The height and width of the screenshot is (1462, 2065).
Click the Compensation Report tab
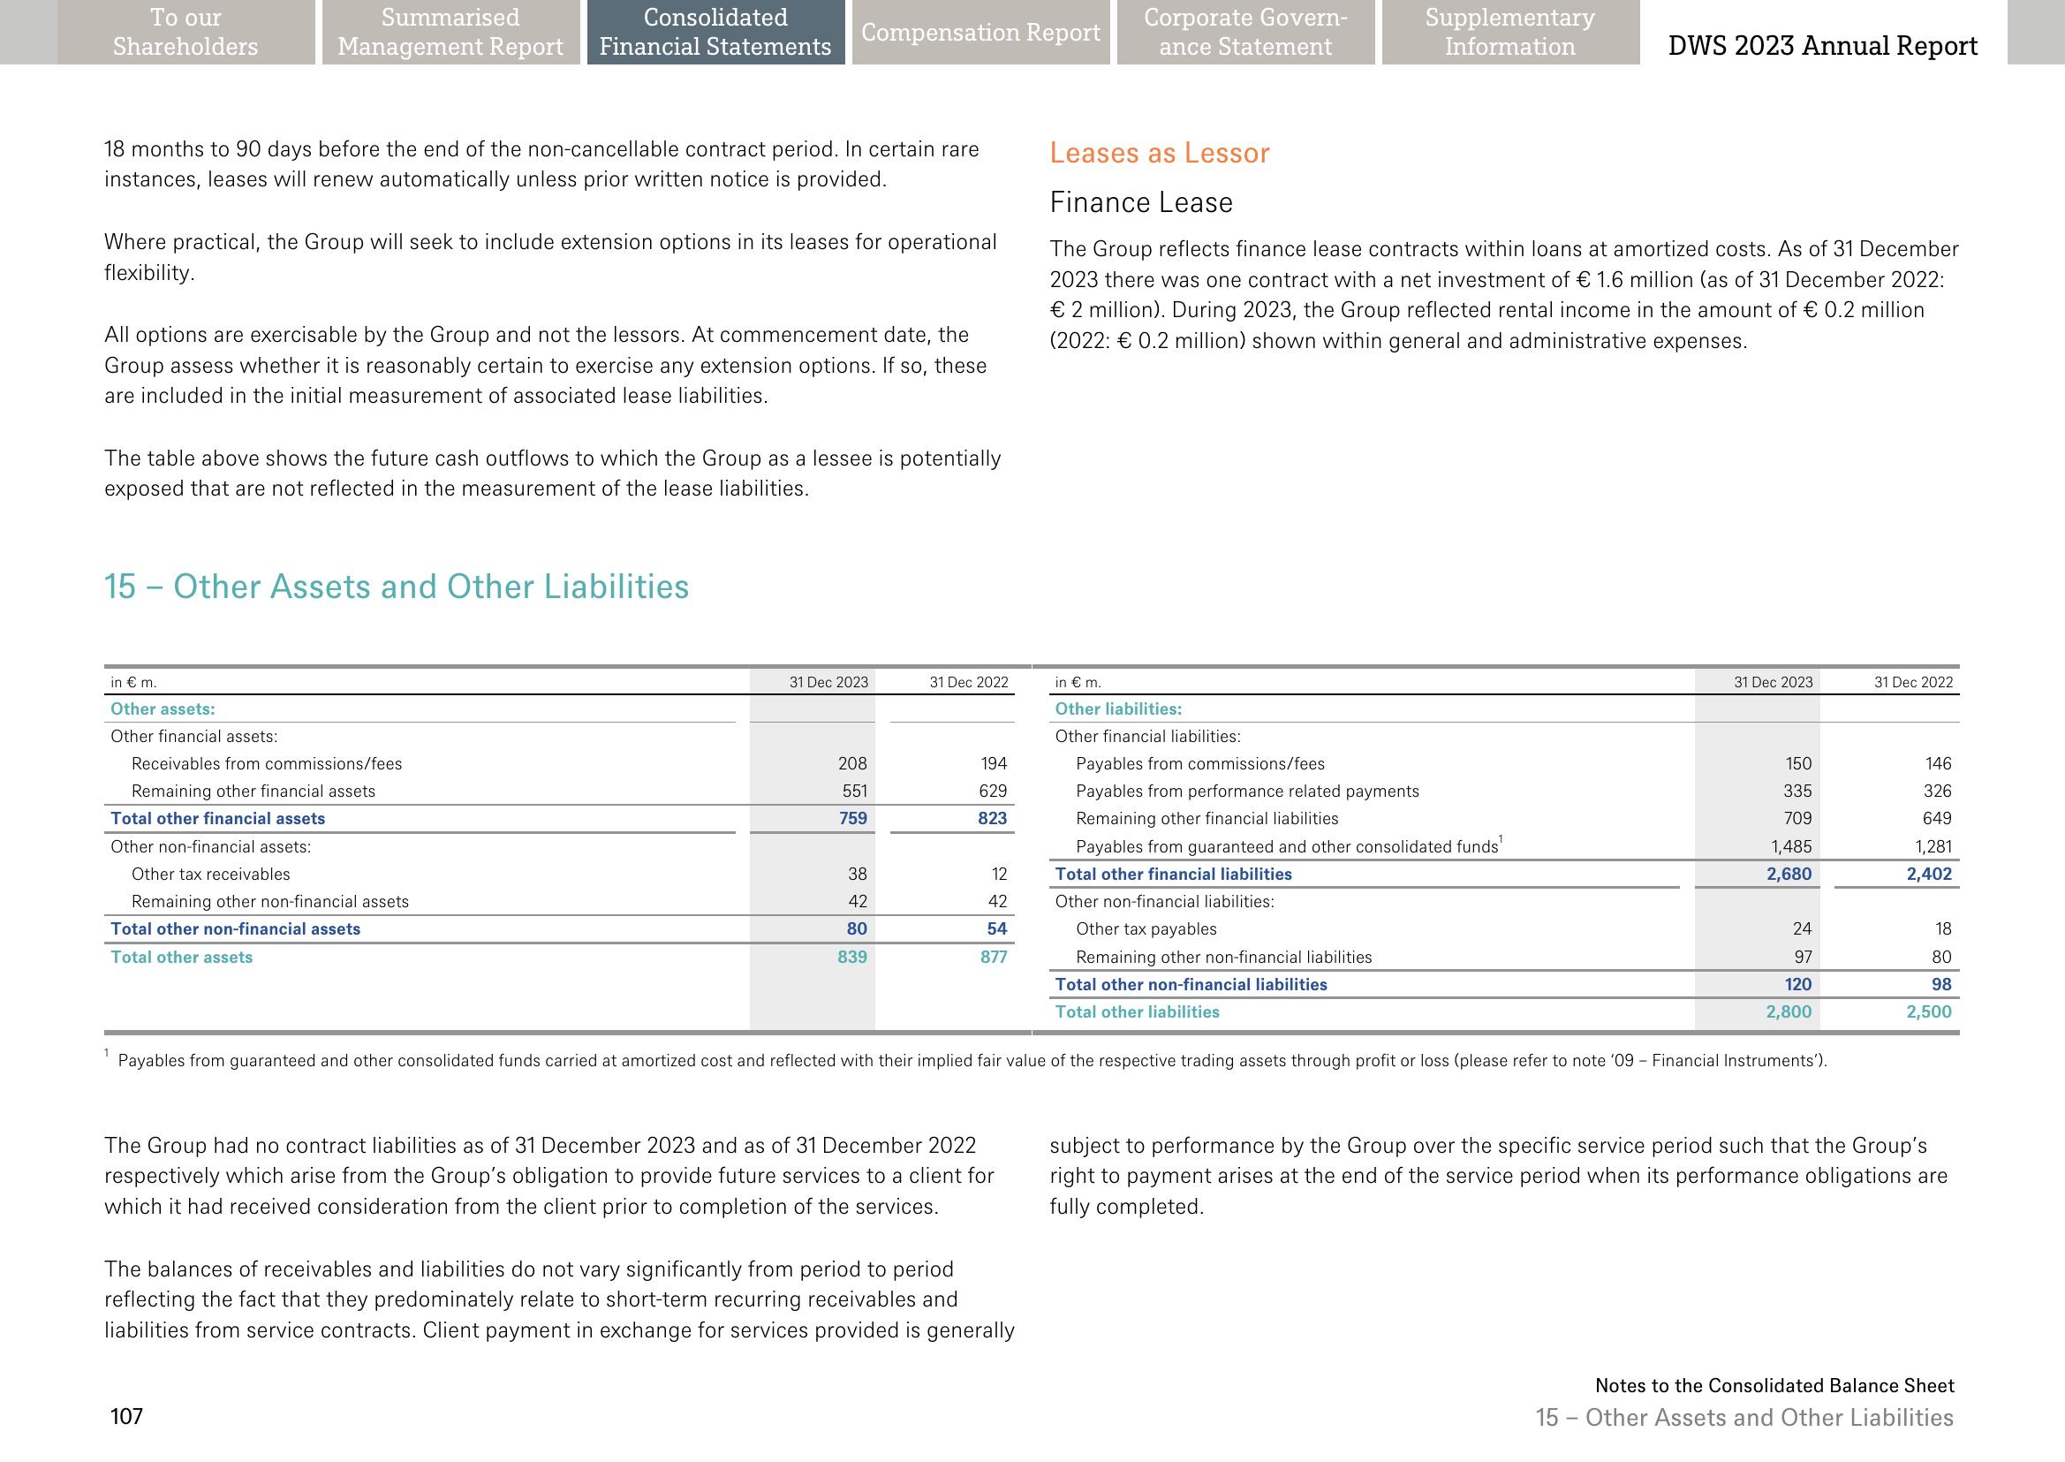[x=980, y=33]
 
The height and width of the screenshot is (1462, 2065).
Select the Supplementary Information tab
[x=1509, y=33]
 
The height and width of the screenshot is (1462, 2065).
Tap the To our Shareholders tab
[x=185, y=33]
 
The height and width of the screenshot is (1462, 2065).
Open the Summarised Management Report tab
[x=450, y=33]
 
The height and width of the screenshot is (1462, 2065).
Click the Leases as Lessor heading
[x=1160, y=153]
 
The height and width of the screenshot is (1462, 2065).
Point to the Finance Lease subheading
[x=1140, y=202]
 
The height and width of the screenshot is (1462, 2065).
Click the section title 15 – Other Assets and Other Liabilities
[x=396, y=587]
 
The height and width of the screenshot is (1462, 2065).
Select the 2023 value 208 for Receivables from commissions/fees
[x=851, y=764]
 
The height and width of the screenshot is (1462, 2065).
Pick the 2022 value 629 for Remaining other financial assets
[x=993, y=792]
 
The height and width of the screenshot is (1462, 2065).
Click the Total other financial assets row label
[x=217, y=818]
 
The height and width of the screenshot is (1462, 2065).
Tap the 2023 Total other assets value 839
[x=851, y=957]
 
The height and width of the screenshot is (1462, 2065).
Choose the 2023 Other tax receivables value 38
[x=857, y=875]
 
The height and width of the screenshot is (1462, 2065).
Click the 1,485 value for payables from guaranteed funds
[x=1790, y=847]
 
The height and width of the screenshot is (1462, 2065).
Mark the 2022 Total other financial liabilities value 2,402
[x=1928, y=875]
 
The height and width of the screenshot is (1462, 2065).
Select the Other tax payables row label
[x=1145, y=929]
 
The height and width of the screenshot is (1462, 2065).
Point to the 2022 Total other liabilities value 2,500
[x=1928, y=1011]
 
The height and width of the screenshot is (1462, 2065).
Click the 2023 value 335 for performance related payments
[x=1797, y=792]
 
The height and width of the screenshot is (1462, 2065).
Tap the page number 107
[x=127, y=1417]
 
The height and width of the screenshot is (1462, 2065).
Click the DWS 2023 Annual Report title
[x=1822, y=46]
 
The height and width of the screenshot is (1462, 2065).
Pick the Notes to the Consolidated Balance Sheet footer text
[x=1774, y=1385]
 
